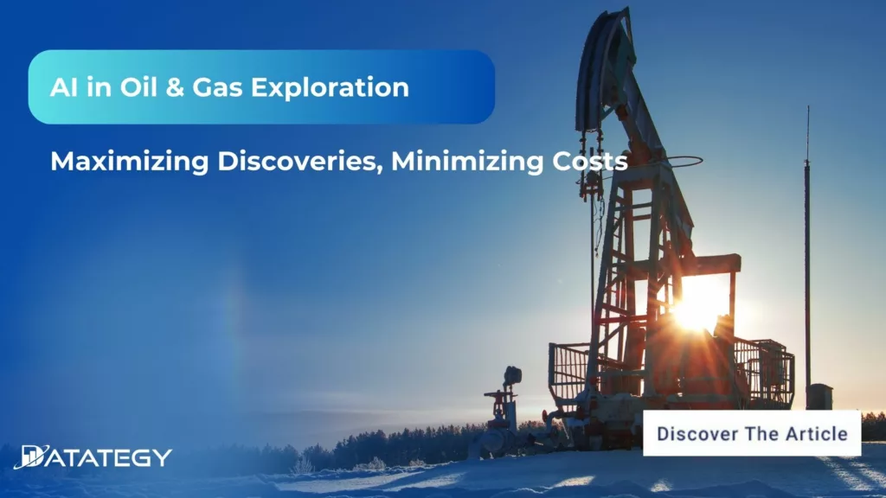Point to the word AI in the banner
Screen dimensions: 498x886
(x=62, y=87)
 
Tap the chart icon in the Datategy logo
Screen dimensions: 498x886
(x=30, y=456)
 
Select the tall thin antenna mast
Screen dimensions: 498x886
(x=807, y=259)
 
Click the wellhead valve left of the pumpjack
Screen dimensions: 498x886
(x=503, y=402)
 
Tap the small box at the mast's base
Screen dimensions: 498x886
(x=819, y=396)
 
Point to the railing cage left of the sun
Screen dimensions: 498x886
(x=568, y=372)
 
